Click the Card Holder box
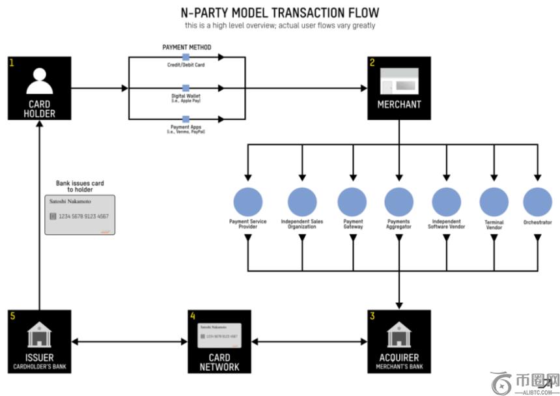tap(40, 88)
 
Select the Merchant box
tap(399, 88)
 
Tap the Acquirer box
tap(399, 341)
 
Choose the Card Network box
tap(219, 341)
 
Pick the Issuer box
tap(40, 341)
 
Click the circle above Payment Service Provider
tap(247, 202)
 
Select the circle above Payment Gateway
tap(353, 202)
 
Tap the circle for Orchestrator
tap(537, 202)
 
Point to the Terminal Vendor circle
tap(494, 202)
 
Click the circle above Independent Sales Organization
tap(302, 202)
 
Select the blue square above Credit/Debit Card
tap(186, 57)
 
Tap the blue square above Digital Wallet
tap(186, 88)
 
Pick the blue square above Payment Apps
tap(186, 119)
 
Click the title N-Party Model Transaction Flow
tap(279, 12)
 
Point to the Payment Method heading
tap(186, 48)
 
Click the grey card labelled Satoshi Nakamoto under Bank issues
tap(79, 215)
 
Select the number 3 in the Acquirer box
tap(372, 317)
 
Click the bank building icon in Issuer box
tap(40, 335)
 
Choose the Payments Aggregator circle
tap(399, 202)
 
